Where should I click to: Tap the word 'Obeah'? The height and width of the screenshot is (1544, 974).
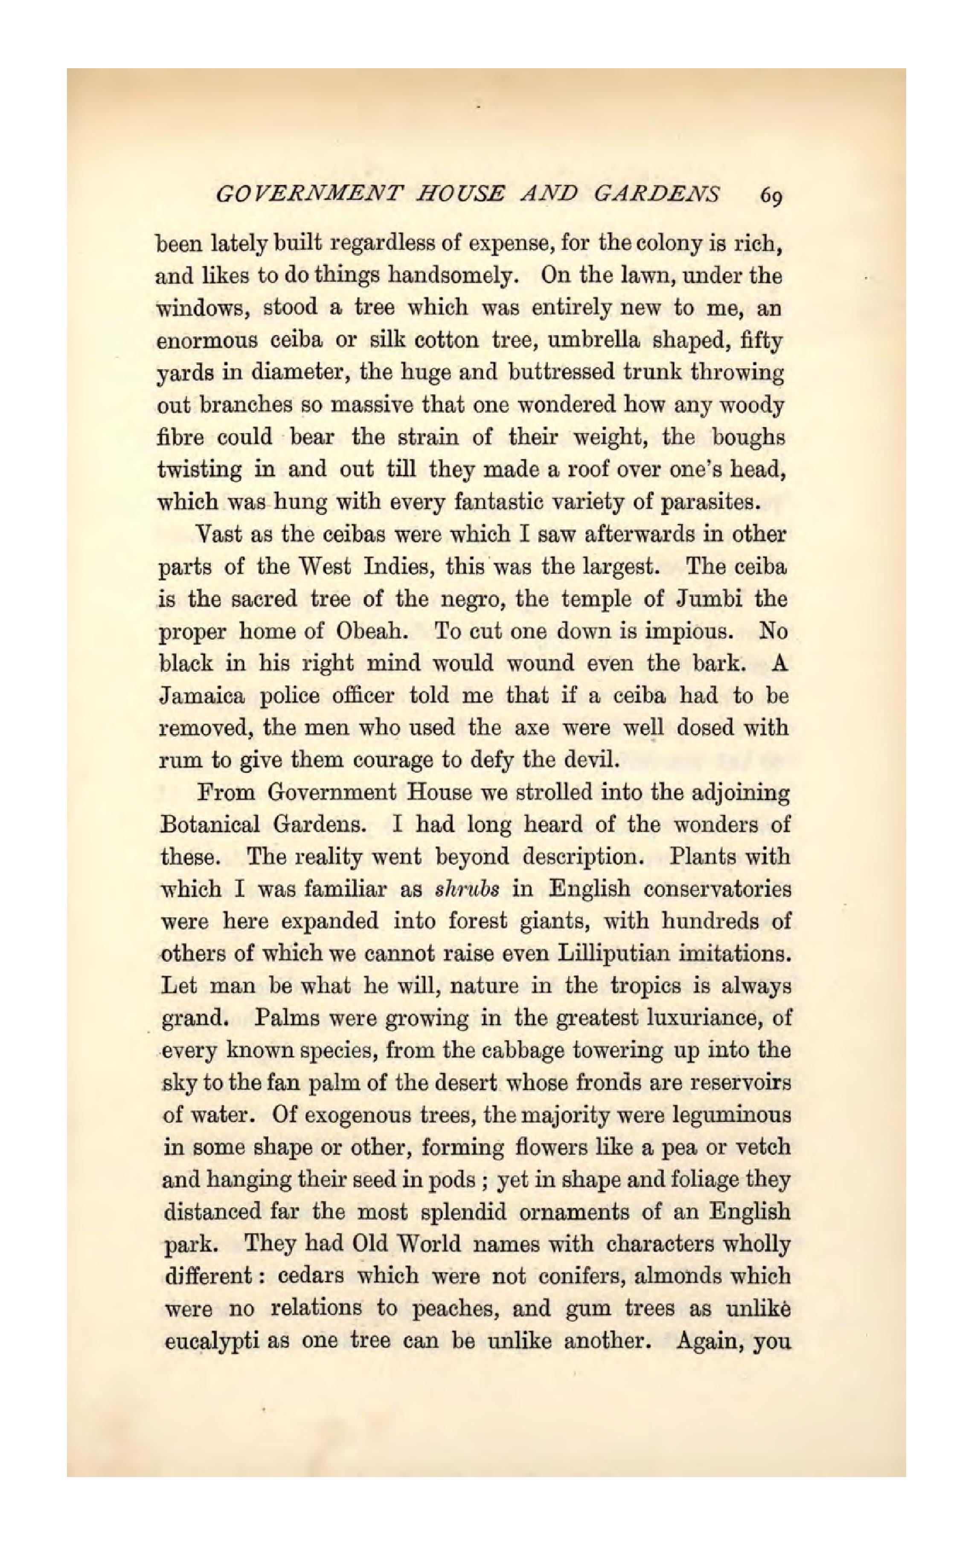click(x=370, y=631)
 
